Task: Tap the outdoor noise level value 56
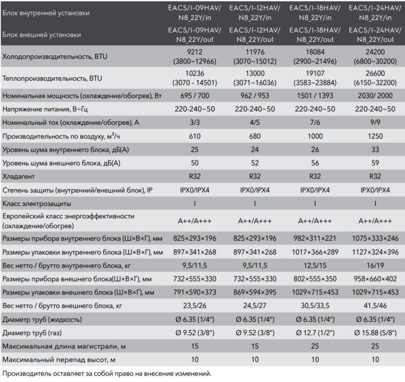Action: [314, 163]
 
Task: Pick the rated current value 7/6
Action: [314, 122]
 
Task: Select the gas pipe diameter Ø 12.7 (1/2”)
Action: [314, 333]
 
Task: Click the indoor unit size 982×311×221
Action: [314, 238]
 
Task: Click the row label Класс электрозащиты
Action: [37, 203]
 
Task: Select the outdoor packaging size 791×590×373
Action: [195, 292]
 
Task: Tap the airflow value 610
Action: [195, 136]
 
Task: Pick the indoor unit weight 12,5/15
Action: [314, 265]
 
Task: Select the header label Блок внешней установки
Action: [42, 35]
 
